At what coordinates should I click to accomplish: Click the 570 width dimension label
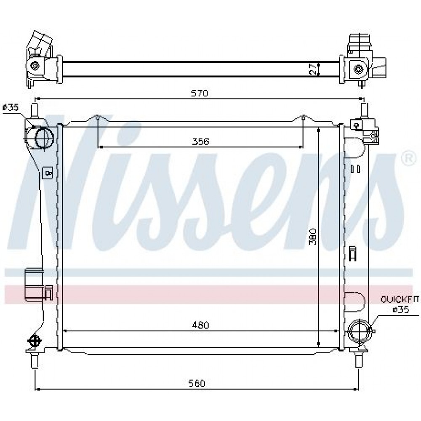click(200, 93)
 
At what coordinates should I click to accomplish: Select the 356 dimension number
click(201, 141)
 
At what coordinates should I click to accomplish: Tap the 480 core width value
click(200, 325)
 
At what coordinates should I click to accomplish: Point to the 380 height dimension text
click(313, 237)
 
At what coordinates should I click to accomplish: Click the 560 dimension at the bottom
click(197, 383)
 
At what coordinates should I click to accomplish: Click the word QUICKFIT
click(399, 299)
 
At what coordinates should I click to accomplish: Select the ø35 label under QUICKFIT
click(401, 310)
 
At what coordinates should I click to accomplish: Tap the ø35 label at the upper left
click(11, 108)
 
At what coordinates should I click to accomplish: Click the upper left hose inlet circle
click(44, 138)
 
